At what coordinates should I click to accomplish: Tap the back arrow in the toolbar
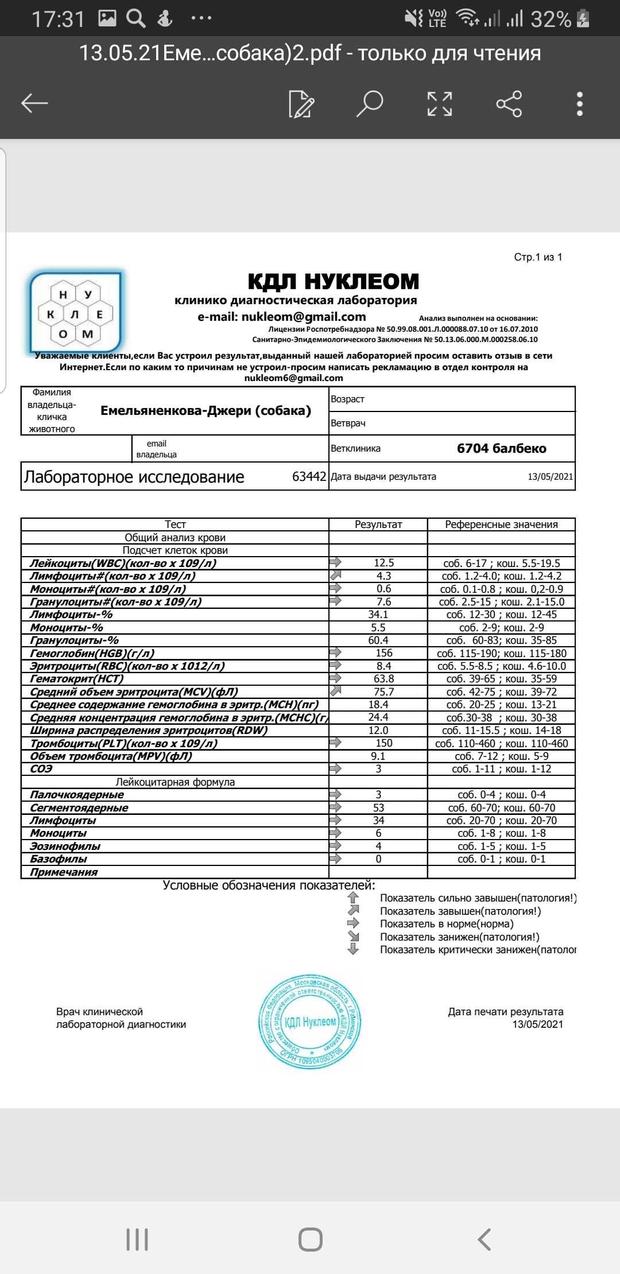pos(34,103)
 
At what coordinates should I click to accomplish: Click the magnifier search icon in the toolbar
pos(370,103)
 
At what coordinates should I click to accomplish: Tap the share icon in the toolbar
pos(509,104)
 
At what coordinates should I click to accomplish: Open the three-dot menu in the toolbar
pos(580,104)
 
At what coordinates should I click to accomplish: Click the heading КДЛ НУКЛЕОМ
pos(333,282)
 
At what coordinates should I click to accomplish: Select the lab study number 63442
pos(309,477)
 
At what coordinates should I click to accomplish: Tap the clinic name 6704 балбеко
pos(501,448)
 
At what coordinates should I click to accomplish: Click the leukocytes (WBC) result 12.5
pos(383,563)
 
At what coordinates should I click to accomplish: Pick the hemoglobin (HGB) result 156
pos(383,653)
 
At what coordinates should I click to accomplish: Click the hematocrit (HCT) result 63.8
pos(383,679)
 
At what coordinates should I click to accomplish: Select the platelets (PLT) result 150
pos(383,743)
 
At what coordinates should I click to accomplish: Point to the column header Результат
pos(378,525)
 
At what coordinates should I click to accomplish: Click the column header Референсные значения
pos(501,525)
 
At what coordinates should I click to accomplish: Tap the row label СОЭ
pos(41,769)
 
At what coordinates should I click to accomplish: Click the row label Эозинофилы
pos(65,846)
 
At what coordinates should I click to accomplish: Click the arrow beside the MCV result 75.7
pos(335,691)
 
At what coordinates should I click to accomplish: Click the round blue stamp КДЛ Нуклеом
pos(311,1021)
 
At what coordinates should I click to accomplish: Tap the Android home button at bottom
pos(310,1240)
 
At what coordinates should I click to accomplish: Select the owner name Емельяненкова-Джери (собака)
pos(206,411)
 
